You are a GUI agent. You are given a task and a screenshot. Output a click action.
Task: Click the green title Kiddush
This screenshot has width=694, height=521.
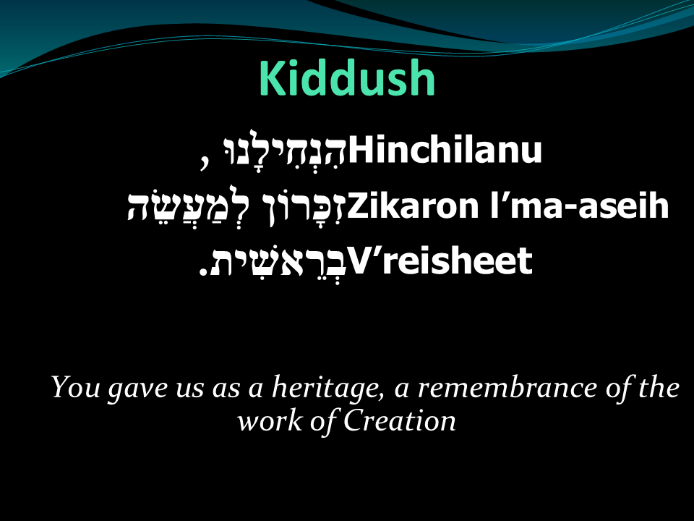pos(347,78)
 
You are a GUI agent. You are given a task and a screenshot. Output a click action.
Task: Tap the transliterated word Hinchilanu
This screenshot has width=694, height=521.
pos(445,150)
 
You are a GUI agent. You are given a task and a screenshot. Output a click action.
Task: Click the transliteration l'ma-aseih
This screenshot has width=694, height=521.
pos(579,206)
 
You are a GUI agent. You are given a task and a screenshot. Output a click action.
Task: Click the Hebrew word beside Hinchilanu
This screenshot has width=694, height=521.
pos(285,148)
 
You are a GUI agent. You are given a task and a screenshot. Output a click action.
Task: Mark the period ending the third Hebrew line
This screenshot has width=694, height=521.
pos(203,271)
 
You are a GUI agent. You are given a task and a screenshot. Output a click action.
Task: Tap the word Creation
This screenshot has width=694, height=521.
pos(400,420)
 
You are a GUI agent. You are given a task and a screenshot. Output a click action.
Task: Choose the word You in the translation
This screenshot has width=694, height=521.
pos(76,387)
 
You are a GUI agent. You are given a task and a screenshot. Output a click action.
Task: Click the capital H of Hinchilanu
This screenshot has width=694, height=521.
pos(360,150)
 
